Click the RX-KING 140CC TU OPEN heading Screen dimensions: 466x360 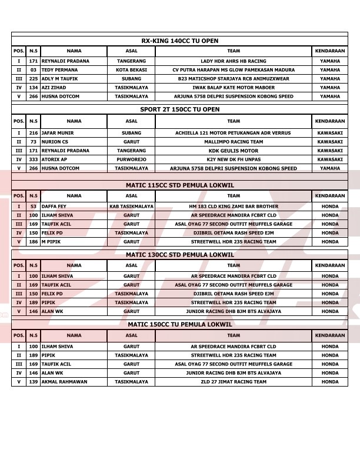point(179,41)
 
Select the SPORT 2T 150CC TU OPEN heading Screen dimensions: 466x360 point(179,109)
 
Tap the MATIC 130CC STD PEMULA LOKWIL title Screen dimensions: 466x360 point(179,255)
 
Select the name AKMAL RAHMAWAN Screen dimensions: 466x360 point(64,382)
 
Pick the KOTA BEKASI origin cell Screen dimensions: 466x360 point(131,70)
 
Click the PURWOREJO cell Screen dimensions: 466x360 point(131,159)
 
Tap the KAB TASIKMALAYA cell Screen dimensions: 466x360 point(131,207)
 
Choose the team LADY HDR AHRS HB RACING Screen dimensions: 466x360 point(234,61)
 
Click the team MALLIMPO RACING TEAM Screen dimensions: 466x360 point(234,142)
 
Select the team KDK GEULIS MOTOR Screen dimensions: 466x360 point(234,151)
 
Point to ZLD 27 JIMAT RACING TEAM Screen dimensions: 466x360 point(234,382)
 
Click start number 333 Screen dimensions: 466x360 point(34,159)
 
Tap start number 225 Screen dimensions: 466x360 point(34,79)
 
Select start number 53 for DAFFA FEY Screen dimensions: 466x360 point(34,207)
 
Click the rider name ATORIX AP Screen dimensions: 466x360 point(54,159)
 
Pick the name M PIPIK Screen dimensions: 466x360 point(51,242)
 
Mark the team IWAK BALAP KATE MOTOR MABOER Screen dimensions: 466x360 point(234,88)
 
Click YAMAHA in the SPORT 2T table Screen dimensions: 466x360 point(329,168)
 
